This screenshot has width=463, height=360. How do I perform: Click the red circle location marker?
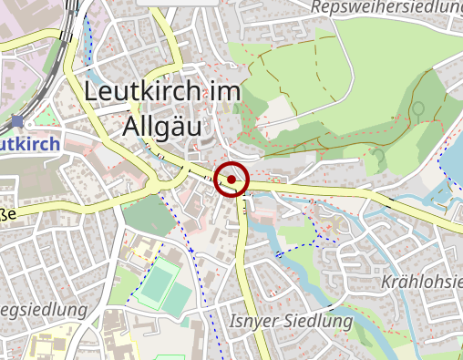(x=232, y=180)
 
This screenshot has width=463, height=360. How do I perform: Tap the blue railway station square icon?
(x=17, y=120)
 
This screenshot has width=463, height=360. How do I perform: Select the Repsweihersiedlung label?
(x=386, y=7)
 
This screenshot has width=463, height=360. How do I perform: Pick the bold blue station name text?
(x=30, y=144)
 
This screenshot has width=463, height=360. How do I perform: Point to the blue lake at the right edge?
(x=453, y=164)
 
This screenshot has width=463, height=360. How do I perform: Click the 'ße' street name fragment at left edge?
(x=6, y=215)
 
